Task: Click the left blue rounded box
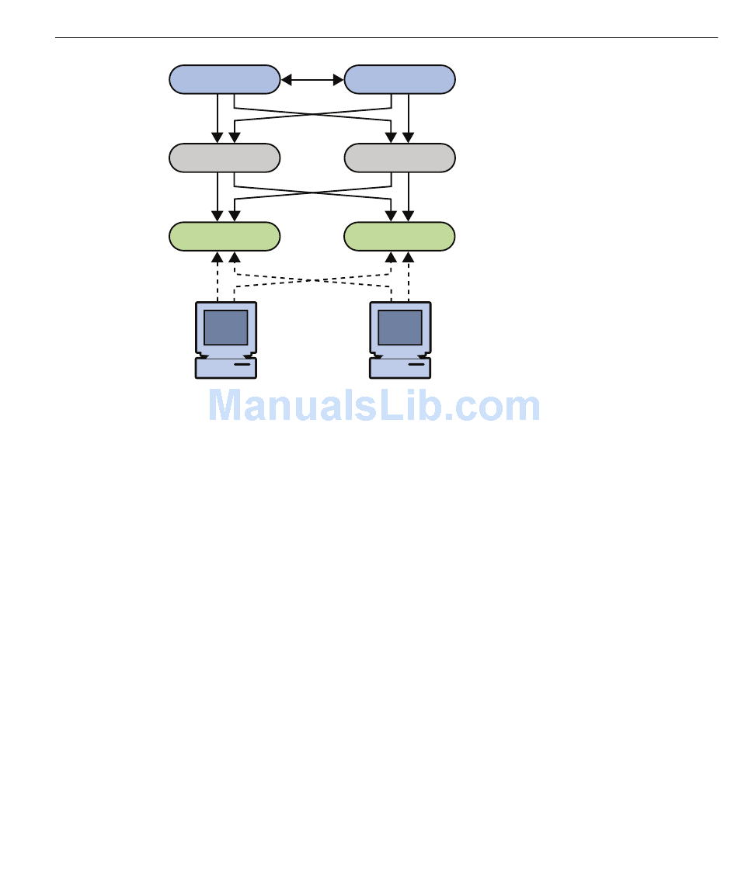pos(225,79)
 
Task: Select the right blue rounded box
pos(400,79)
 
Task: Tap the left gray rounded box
pos(225,158)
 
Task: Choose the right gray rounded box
pos(400,158)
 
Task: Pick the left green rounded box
pos(225,236)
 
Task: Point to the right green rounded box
pos(400,236)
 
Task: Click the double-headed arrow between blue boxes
pos(312,80)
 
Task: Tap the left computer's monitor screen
pos(225,328)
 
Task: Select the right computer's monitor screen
pos(400,328)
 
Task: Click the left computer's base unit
pos(225,368)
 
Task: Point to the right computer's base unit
pos(400,368)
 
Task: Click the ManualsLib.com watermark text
pos(374,406)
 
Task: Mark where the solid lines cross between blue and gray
pos(312,114)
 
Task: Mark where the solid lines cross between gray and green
pos(312,193)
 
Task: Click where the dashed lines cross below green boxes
pos(312,280)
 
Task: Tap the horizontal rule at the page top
pos(386,38)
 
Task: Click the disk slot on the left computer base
pos(242,364)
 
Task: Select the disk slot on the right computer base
pos(416,364)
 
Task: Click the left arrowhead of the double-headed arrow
pos(286,80)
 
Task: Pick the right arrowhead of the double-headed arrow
pos(339,80)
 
